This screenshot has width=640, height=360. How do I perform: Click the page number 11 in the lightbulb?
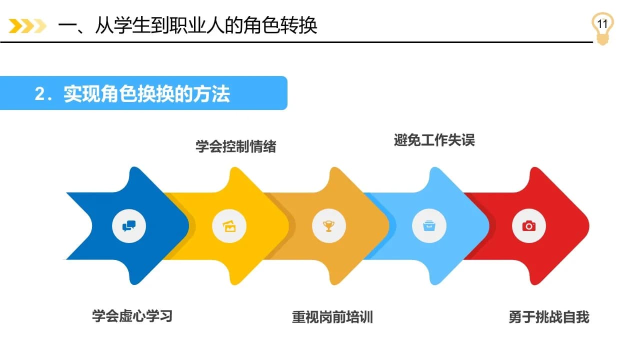(x=602, y=24)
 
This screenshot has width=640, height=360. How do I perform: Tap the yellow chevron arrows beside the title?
(x=27, y=26)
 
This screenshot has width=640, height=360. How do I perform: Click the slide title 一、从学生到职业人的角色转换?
(x=187, y=25)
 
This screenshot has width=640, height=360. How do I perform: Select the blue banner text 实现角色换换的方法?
(x=147, y=93)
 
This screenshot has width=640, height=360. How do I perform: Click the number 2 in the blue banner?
(x=39, y=93)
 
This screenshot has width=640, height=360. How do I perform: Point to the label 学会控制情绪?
(x=235, y=146)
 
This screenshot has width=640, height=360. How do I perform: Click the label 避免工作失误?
(x=434, y=140)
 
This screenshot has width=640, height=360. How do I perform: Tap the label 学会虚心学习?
(x=132, y=316)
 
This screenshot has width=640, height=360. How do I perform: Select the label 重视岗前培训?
(x=332, y=317)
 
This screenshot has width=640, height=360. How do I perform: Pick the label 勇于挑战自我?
(x=549, y=317)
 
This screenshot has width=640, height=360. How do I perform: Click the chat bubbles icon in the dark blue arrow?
(x=129, y=226)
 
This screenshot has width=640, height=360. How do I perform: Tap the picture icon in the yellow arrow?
(x=229, y=226)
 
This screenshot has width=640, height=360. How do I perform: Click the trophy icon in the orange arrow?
(x=329, y=226)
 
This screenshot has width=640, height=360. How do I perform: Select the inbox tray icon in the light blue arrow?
(x=429, y=225)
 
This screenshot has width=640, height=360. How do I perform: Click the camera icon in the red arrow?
(x=529, y=226)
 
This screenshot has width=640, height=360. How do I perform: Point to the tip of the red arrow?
(x=588, y=226)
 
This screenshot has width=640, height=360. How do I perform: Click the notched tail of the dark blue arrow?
(x=91, y=226)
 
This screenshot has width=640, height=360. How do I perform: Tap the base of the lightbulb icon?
(x=602, y=40)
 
